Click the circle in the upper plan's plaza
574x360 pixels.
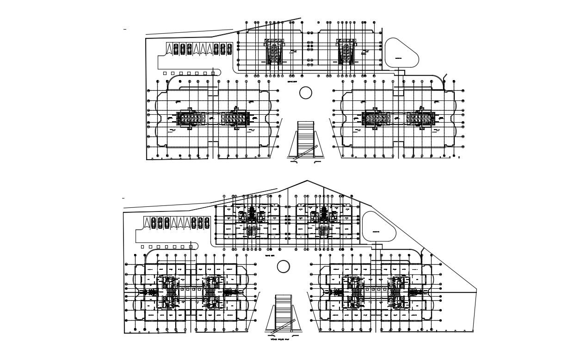tap(305, 93)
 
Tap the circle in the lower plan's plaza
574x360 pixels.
tap(283, 266)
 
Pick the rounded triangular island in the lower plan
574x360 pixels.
tap(378, 227)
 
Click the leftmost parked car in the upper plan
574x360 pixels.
tap(176, 49)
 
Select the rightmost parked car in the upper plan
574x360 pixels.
tap(229, 49)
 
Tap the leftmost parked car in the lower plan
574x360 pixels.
tap(154, 223)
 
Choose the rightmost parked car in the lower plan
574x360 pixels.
tap(207, 223)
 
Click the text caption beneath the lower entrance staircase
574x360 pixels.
tap(282, 339)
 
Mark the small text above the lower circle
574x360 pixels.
tap(270, 255)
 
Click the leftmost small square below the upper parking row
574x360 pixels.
tap(165, 73)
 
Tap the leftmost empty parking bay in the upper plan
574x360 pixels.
tap(169, 49)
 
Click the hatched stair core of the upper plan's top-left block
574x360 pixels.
tap(273, 51)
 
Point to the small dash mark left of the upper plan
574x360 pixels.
tap(124, 29)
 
